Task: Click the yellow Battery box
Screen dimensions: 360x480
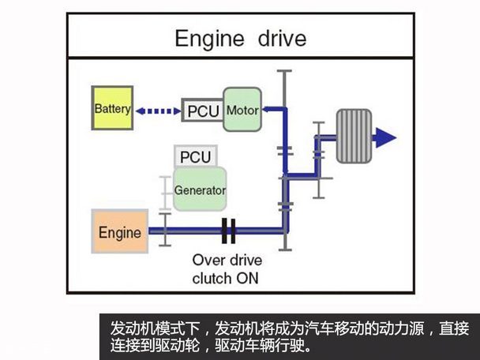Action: (111, 109)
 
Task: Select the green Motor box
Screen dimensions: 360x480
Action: (242, 110)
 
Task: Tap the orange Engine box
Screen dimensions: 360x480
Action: (119, 232)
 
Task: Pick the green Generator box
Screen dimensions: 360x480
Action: (199, 189)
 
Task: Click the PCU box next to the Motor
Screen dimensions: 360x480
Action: (203, 111)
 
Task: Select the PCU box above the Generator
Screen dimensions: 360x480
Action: (195, 156)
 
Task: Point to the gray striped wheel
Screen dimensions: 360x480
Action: (354, 137)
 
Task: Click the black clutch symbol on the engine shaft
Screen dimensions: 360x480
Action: (229, 231)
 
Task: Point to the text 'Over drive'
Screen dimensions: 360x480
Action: (227, 260)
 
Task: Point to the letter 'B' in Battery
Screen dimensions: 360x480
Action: (97, 109)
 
